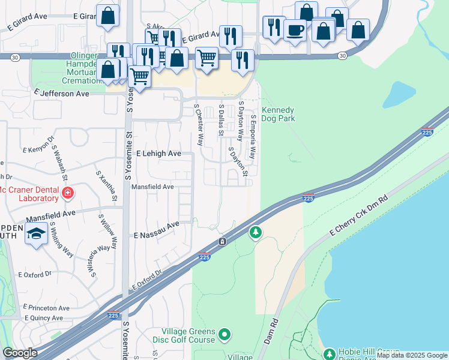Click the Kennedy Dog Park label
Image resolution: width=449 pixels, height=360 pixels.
[x=278, y=115]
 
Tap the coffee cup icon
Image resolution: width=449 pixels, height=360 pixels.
[x=294, y=30]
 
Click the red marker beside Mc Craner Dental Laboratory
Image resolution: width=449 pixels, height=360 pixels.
[x=68, y=193]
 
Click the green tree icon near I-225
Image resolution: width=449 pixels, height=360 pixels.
[x=256, y=232]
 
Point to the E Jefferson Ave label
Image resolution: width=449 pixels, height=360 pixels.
[x=62, y=94]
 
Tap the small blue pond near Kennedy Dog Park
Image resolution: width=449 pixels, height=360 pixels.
[x=400, y=94]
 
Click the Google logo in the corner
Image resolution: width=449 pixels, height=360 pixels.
[x=20, y=353]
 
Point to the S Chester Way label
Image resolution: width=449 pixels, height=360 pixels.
[x=198, y=125]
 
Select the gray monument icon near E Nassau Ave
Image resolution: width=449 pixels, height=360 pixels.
[x=222, y=241]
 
